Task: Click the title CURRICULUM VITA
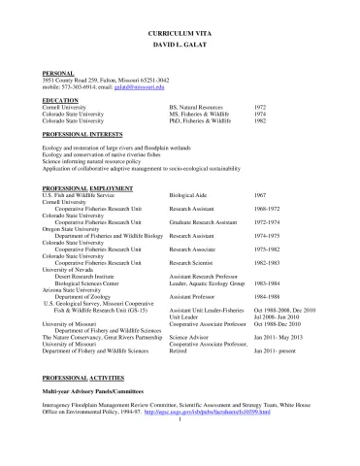[180, 34]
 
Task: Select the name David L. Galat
[180, 47]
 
